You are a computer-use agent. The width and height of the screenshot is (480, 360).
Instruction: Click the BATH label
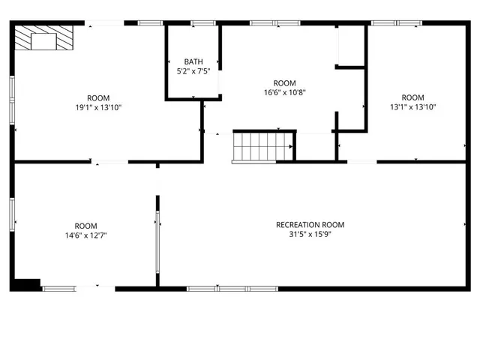193,61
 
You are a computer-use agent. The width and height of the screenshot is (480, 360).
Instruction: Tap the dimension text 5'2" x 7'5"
193,71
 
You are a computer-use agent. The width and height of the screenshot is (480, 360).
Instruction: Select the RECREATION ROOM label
310,224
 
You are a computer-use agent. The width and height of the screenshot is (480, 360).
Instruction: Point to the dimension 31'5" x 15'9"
310,235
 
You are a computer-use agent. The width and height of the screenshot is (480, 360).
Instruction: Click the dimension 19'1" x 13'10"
98,107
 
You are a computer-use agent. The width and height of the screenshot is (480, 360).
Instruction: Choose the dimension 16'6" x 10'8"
284,93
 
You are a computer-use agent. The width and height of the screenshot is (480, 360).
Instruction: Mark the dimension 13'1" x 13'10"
412,107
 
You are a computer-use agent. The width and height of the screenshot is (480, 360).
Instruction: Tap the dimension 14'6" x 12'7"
85,235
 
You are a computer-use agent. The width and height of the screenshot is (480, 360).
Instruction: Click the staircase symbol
262,146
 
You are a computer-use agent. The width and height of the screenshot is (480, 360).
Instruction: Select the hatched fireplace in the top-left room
43,37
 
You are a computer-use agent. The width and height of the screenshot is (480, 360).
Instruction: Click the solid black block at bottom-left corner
25,284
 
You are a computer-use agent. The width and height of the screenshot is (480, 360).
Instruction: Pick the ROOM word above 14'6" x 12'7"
85,226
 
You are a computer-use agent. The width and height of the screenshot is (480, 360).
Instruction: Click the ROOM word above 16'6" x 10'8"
284,83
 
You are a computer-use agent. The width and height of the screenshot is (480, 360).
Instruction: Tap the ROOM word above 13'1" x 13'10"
412,97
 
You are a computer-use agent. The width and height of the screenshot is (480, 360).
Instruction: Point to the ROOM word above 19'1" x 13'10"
98,97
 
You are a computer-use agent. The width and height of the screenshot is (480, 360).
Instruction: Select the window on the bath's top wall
202,23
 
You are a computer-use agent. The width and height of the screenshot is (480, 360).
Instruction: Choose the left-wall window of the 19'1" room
12,97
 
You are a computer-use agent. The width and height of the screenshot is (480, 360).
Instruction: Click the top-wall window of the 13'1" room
395,23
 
